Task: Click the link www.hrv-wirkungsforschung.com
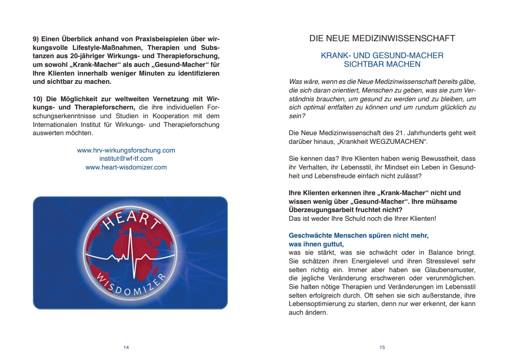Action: click(x=126, y=150)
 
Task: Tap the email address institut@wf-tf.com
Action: click(x=126, y=158)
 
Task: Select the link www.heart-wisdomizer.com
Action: click(x=126, y=167)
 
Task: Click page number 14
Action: click(x=126, y=348)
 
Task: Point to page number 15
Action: click(x=382, y=348)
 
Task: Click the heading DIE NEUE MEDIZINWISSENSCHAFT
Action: click(x=382, y=38)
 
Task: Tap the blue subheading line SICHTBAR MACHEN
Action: click(x=382, y=65)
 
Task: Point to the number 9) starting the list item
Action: click(x=37, y=39)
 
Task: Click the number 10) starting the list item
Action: click(x=38, y=99)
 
